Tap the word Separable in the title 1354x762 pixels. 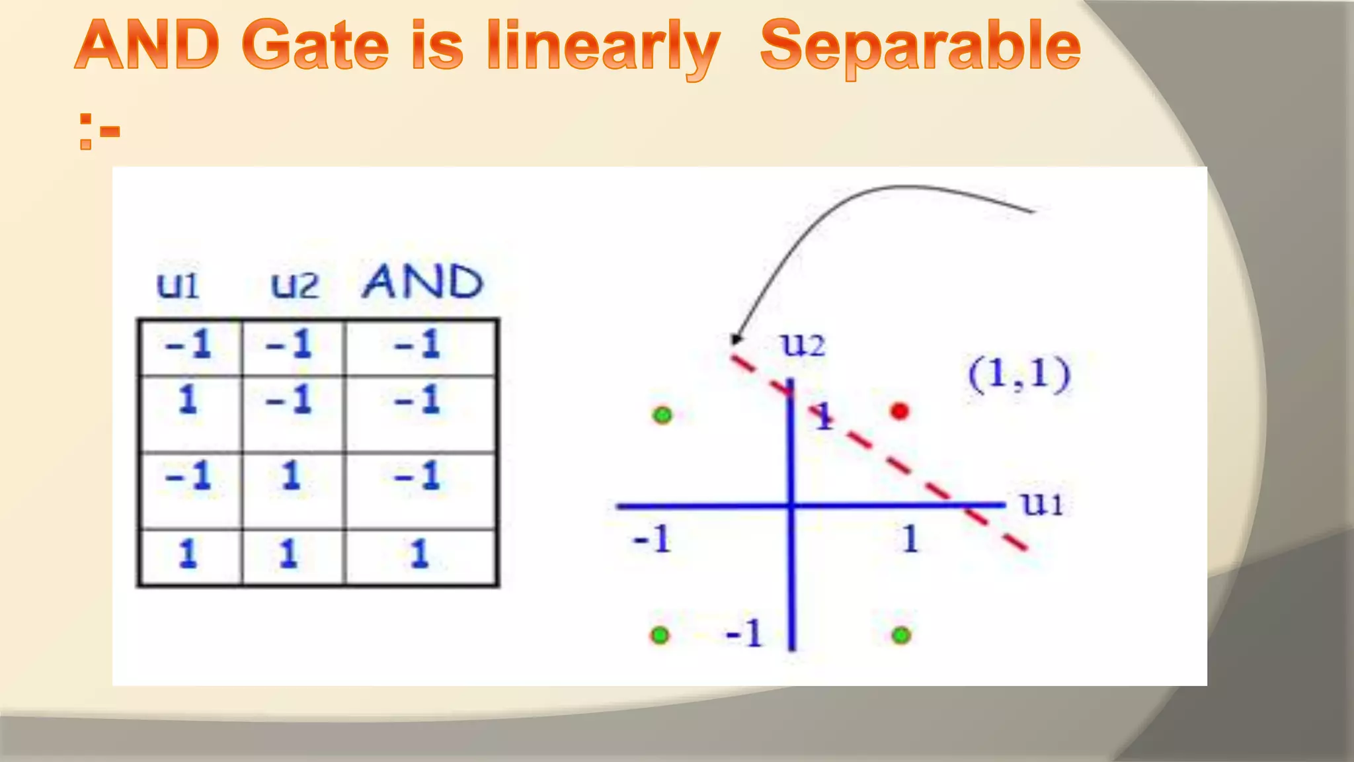tap(920, 46)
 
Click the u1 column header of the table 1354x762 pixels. tap(177, 284)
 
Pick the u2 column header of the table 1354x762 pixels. tap(294, 285)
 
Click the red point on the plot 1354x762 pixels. tap(899, 411)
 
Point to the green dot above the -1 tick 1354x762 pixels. tap(662, 415)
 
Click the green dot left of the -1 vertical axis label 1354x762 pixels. tap(660, 636)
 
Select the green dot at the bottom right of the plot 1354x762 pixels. tap(901, 636)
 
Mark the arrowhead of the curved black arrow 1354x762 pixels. tap(735, 340)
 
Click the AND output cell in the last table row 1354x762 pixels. tap(420, 554)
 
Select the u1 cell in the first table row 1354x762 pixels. tap(188, 345)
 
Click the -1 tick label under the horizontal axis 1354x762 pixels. tap(653, 539)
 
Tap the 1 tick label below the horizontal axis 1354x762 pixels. tap(910, 539)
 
